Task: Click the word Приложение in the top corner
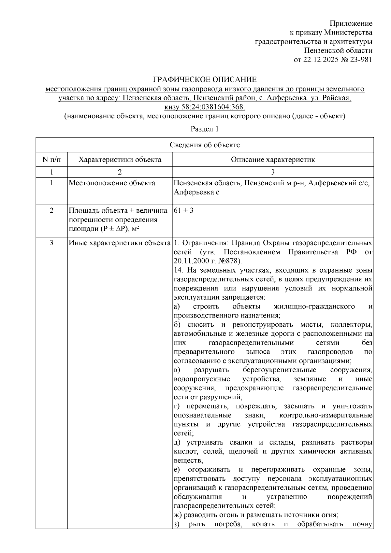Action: (351, 23)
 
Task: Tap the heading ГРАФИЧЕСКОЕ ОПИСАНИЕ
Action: (205, 79)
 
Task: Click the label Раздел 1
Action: (204, 129)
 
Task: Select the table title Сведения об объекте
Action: (205, 145)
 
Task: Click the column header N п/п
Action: (51, 160)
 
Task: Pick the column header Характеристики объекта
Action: (120, 160)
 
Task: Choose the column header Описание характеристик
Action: (273, 160)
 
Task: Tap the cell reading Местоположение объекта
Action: (112, 183)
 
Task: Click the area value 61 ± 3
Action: (184, 210)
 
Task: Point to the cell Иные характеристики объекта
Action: (120, 243)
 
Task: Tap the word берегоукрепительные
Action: (280, 370)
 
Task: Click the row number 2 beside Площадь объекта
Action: (51, 210)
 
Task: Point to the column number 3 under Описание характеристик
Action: (273, 172)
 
